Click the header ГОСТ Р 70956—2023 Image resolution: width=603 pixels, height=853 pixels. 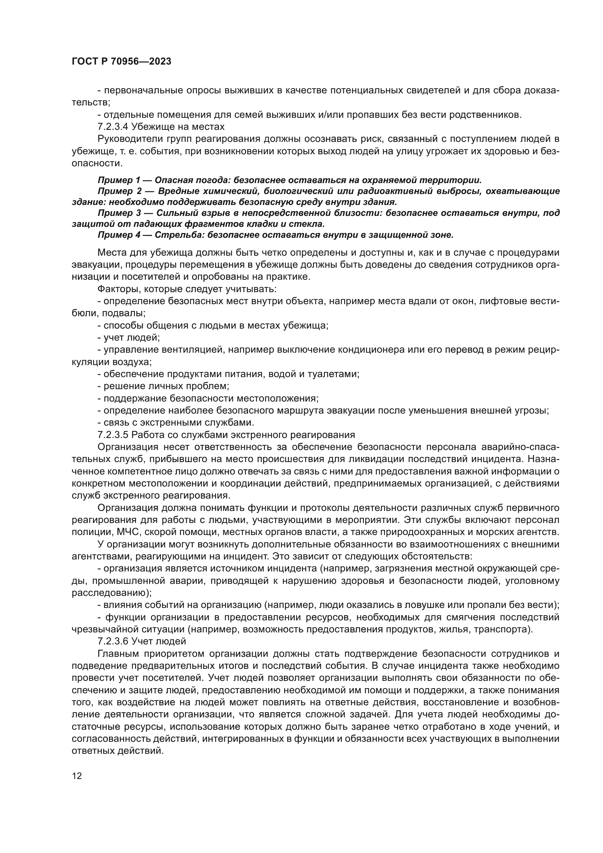point(121,62)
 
